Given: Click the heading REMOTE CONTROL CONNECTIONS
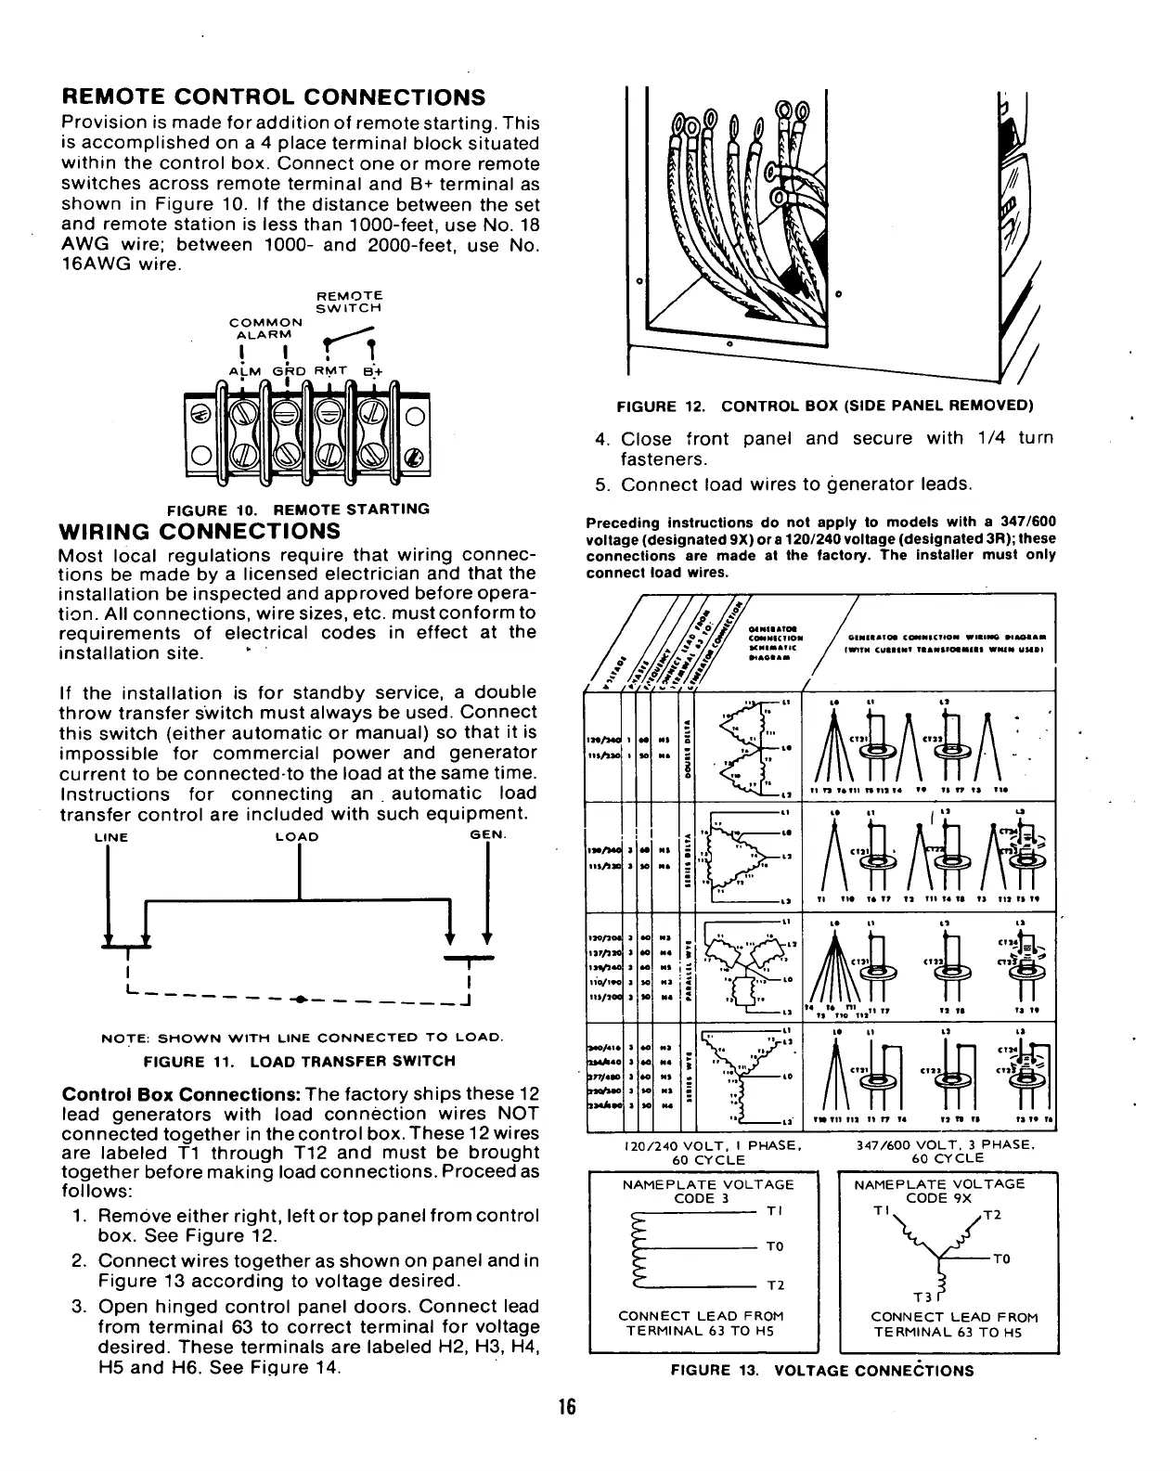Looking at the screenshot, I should (x=273, y=97).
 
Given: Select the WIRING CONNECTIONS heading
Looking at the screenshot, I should (x=200, y=532).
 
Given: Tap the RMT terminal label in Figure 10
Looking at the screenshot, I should (x=329, y=371).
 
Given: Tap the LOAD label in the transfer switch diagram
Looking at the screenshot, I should (x=298, y=837).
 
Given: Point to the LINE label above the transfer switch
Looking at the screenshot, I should (x=111, y=837).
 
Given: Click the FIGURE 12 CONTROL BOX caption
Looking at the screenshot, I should (x=826, y=406).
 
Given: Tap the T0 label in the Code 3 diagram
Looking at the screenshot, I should (x=777, y=1246).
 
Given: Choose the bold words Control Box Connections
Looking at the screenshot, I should (x=176, y=1093).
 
